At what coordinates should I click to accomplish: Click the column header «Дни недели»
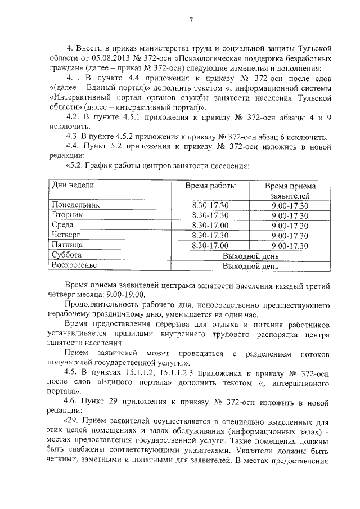73,186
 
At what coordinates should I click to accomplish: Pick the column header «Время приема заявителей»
290,191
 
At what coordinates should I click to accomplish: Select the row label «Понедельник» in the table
76,205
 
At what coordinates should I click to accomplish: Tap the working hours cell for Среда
210,225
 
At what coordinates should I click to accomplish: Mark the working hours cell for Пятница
210,245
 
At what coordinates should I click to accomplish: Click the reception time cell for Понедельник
290,205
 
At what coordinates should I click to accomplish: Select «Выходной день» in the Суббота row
250,255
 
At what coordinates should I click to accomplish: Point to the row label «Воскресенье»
74,265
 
